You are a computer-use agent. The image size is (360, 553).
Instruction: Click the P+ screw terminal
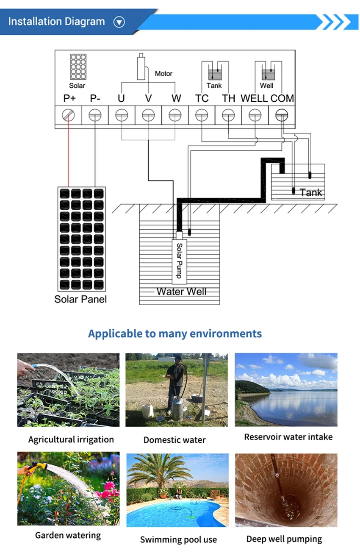[68, 115]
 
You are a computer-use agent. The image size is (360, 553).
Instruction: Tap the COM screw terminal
[282, 115]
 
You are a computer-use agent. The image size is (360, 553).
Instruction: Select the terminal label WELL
[254, 98]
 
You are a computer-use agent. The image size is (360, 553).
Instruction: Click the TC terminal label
[202, 98]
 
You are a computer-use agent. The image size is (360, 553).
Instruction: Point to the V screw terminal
[148, 115]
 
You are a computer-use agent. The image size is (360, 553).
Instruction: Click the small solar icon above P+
[78, 67]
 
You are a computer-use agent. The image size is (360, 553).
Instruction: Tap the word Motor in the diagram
[163, 74]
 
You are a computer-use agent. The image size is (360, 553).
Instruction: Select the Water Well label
[181, 292]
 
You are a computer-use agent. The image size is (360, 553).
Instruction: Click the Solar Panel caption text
[80, 299]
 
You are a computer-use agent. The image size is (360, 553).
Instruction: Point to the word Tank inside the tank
[311, 193]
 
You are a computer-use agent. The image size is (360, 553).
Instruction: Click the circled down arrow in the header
[119, 22]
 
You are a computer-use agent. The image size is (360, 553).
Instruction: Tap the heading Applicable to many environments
[175, 333]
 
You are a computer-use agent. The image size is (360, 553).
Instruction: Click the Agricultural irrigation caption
[71, 439]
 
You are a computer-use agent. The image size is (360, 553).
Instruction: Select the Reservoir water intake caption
[288, 437]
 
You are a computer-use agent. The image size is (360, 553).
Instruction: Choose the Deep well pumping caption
[284, 539]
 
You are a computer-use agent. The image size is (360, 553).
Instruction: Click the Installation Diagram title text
[56, 22]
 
